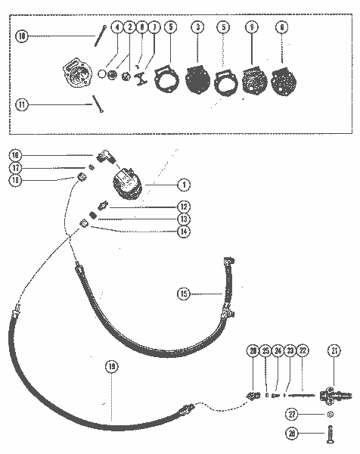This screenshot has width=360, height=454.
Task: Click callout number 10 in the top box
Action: click(22, 36)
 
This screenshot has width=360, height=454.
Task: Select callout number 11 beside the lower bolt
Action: click(22, 105)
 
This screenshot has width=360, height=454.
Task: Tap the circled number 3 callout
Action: click(198, 27)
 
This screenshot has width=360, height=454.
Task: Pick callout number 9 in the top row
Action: click(251, 27)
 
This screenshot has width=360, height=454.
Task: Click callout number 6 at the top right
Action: click(282, 27)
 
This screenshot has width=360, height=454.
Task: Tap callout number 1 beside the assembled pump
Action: click(182, 183)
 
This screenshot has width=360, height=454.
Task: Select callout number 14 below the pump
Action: click(182, 232)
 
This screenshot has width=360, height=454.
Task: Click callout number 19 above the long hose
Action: click(111, 366)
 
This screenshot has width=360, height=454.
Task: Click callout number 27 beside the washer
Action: click(291, 414)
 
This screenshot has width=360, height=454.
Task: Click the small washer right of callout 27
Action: click(330, 415)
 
